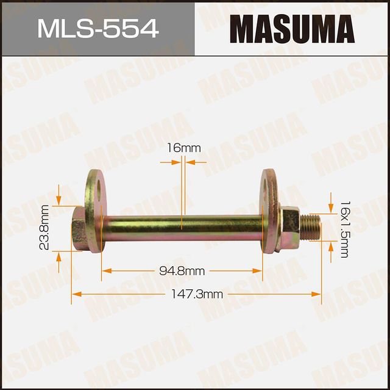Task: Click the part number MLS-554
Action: click(x=97, y=28)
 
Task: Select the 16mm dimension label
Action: click(x=183, y=148)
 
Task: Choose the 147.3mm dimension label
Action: click(x=196, y=294)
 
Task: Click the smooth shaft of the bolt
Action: click(x=183, y=226)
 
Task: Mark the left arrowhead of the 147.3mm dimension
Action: click(x=75, y=294)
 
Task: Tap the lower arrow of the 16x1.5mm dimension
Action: click(x=331, y=245)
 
